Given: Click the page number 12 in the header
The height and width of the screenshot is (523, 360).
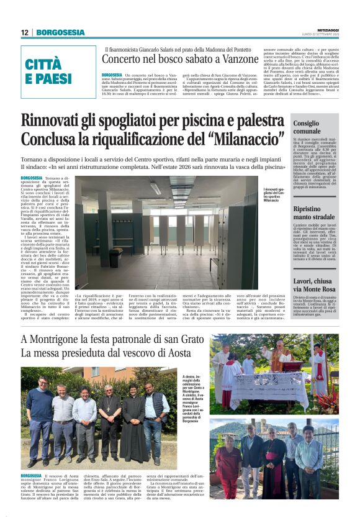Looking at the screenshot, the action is (24, 32).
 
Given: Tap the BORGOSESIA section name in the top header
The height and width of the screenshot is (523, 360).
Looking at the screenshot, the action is (60, 32).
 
